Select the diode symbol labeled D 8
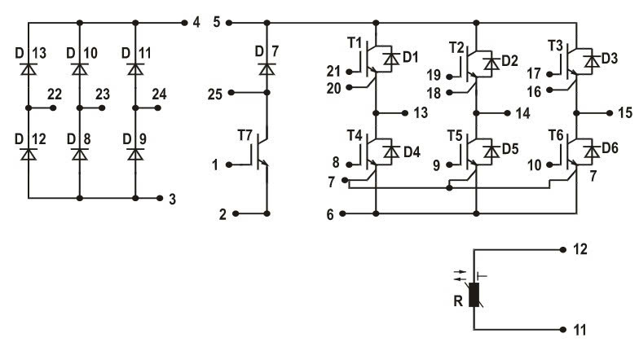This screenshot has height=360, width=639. (80, 152)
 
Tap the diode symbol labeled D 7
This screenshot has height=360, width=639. (267, 70)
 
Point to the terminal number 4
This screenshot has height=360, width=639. (196, 22)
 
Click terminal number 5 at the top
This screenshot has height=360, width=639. (216, 22)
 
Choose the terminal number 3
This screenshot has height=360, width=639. (172, 198)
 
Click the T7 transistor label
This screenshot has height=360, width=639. (245, 134)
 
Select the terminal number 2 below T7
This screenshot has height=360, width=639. (222, 214)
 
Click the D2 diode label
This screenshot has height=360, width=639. (509, 59)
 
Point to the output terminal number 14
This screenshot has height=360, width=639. (522, 112)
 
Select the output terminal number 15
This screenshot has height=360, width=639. (624, 111)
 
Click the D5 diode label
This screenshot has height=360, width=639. (509, 148)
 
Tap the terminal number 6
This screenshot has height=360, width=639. (330, 214)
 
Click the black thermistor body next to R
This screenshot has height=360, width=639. (473, 293)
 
